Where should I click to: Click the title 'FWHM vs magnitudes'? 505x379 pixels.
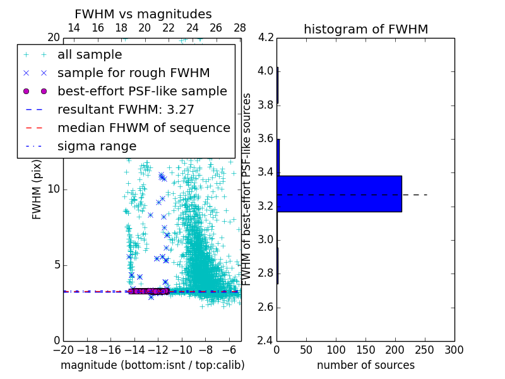143,14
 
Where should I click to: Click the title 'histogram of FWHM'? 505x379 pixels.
365,29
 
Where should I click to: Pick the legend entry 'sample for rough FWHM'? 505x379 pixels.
124,73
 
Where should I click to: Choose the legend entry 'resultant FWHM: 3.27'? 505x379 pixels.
126,110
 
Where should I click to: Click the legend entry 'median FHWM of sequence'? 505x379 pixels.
143,128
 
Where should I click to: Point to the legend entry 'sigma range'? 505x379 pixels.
97,147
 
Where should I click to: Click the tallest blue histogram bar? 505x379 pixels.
339,194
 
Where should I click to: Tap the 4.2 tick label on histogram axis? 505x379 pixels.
266,37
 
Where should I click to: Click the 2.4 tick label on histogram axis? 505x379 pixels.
266,341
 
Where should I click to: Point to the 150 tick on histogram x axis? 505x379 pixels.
365,350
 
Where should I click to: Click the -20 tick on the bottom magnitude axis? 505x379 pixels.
63,350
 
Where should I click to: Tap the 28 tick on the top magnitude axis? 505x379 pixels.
240,28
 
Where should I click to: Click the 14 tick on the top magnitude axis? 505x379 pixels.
73,28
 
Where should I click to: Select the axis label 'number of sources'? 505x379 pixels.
365,365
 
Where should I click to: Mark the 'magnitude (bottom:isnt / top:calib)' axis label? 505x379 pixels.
152,365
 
